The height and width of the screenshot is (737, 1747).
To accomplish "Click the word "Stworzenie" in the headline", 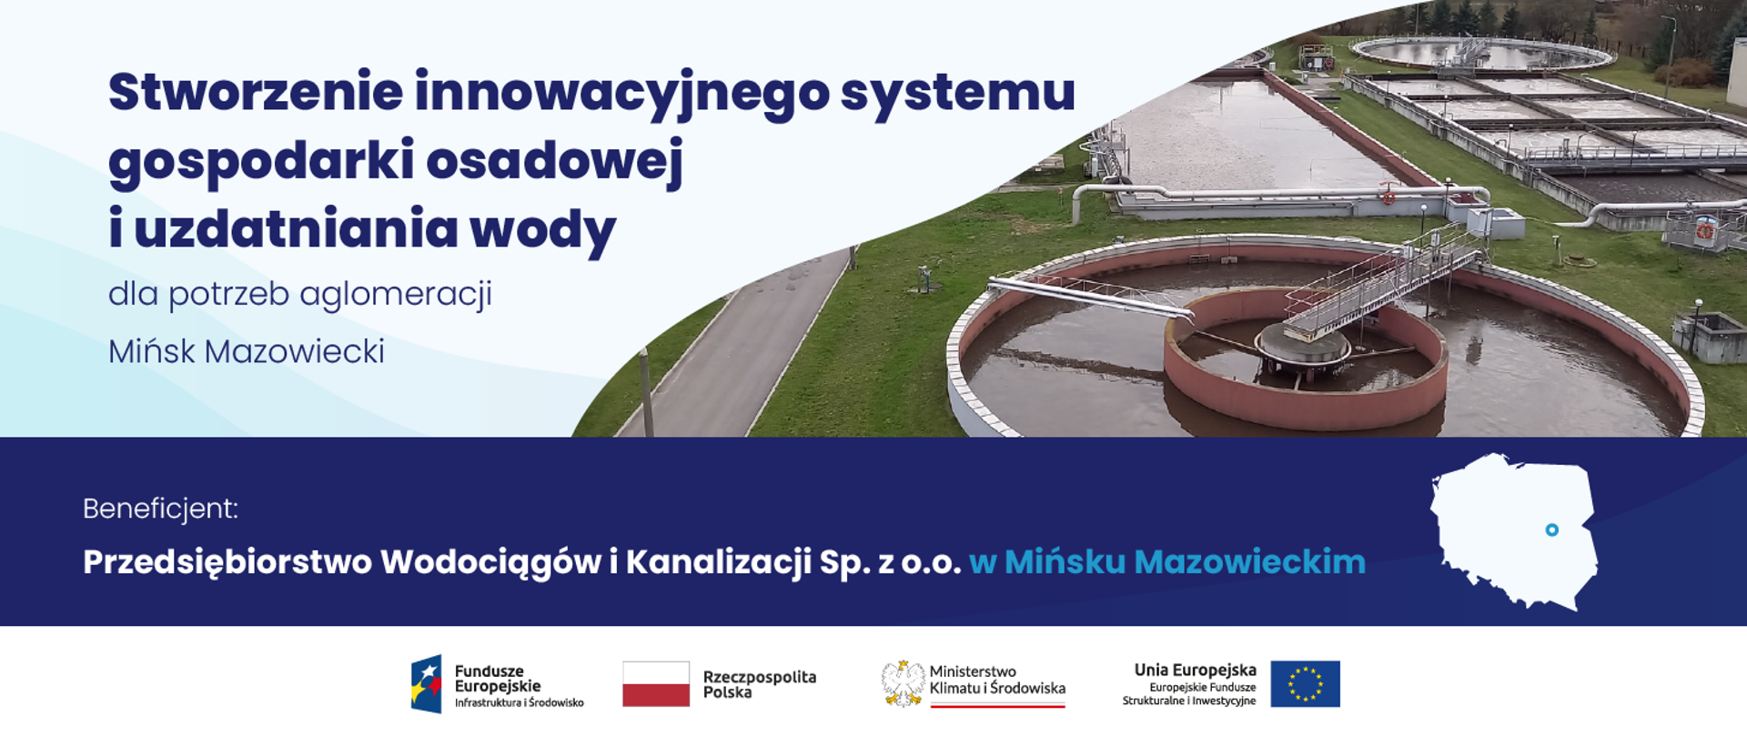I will click(256, 93).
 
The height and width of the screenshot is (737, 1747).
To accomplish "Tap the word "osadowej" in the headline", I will click(554, 161).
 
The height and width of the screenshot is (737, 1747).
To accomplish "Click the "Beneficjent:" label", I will click(160, 509).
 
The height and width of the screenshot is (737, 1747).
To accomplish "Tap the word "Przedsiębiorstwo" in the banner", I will click(227, 562).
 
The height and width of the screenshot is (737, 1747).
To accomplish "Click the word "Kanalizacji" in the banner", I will click(718, 562).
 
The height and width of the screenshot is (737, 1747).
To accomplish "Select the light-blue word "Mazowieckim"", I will click(1249, 562).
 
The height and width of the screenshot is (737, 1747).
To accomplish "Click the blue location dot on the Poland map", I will click(1552, 530).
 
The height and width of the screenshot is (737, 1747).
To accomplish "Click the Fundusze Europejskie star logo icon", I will click(426, 683).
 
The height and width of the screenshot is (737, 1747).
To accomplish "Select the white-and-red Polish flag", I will click(656, 683).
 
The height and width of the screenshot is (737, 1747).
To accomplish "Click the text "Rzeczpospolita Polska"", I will click(759, 684).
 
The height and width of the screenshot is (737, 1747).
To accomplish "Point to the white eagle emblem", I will click(902, 683).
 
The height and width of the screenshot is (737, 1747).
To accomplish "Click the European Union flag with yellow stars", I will click(1305, 683).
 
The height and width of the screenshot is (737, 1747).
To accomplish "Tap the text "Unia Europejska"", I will click(1195, 671).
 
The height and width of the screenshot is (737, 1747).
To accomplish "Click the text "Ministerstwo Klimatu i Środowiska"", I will click(996, 681).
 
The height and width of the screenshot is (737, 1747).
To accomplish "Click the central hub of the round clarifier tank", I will click(1301, 345).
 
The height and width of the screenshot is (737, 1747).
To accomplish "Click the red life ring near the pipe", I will click(1389, 196).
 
